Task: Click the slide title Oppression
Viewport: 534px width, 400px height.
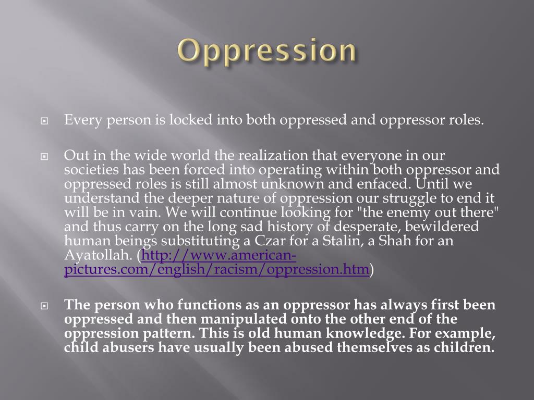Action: click(x=268, y=52)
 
